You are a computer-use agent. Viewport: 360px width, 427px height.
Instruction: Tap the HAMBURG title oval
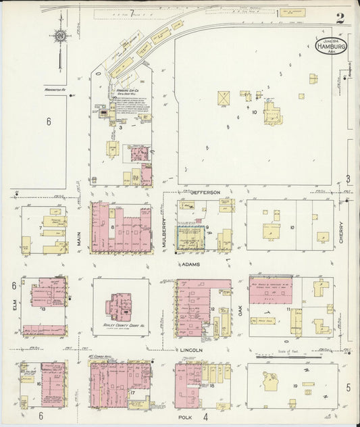point(331,47)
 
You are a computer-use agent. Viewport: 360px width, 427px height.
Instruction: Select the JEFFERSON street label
point(205,193)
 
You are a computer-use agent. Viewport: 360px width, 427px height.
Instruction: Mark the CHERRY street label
point(342,233)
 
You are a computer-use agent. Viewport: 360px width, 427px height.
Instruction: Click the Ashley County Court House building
point(122,308)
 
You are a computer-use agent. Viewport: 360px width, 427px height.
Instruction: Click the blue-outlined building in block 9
point(190,237)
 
